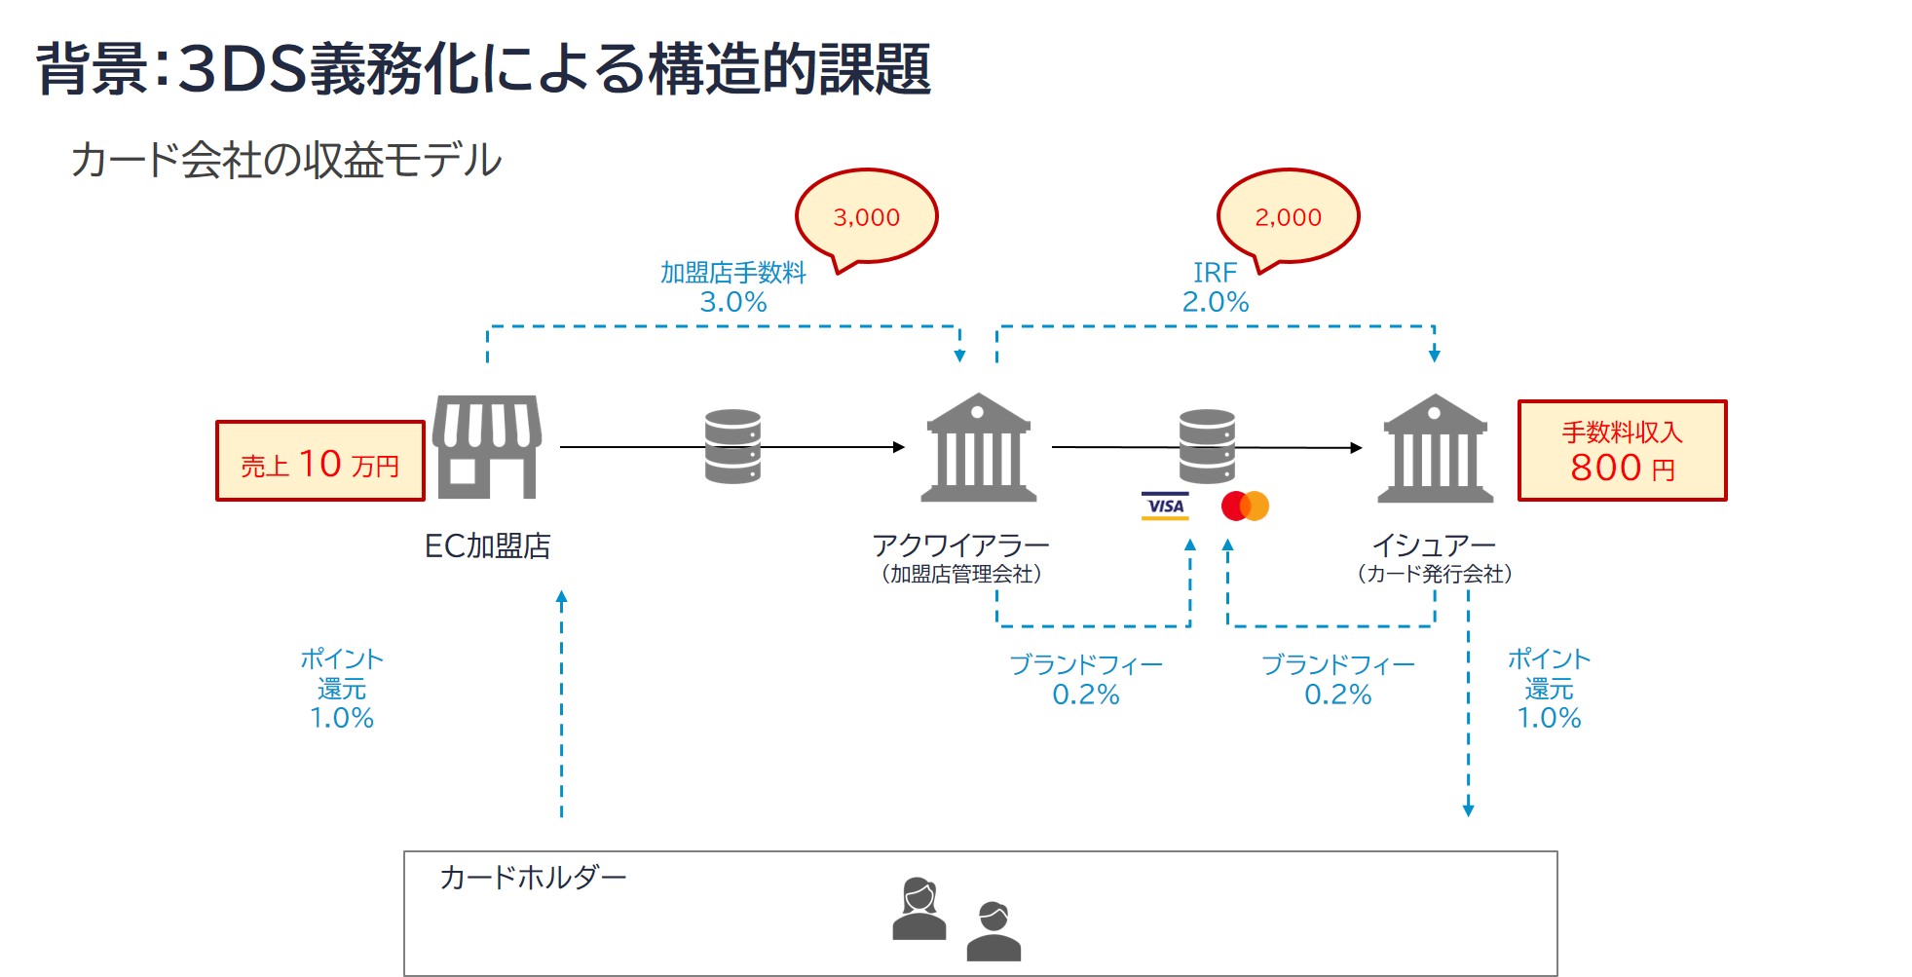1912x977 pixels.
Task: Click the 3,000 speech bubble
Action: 866,216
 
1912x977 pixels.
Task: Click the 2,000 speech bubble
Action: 1288,216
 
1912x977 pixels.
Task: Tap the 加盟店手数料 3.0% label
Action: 733,287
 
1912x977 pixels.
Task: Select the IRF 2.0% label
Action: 1215,287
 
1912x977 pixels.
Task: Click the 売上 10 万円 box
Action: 320,462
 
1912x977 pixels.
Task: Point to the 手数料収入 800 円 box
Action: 1622,451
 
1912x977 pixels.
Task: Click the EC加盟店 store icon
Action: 487,447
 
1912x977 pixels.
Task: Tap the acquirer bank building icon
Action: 978,448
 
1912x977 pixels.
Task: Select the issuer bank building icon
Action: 1435,448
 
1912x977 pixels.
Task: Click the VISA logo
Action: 1165,506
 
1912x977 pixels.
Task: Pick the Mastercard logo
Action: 1245,506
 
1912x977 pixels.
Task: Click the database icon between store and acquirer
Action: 732,447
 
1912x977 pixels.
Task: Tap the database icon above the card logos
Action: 1207,447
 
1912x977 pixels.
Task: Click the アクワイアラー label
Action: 960,545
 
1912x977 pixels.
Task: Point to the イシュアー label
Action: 1434,545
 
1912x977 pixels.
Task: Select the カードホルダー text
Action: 533,878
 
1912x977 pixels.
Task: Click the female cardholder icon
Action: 919,909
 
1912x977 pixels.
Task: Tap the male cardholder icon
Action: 993,931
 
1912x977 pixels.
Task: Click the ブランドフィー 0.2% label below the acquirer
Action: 1086,680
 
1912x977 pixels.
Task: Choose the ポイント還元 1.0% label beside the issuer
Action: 1549,689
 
